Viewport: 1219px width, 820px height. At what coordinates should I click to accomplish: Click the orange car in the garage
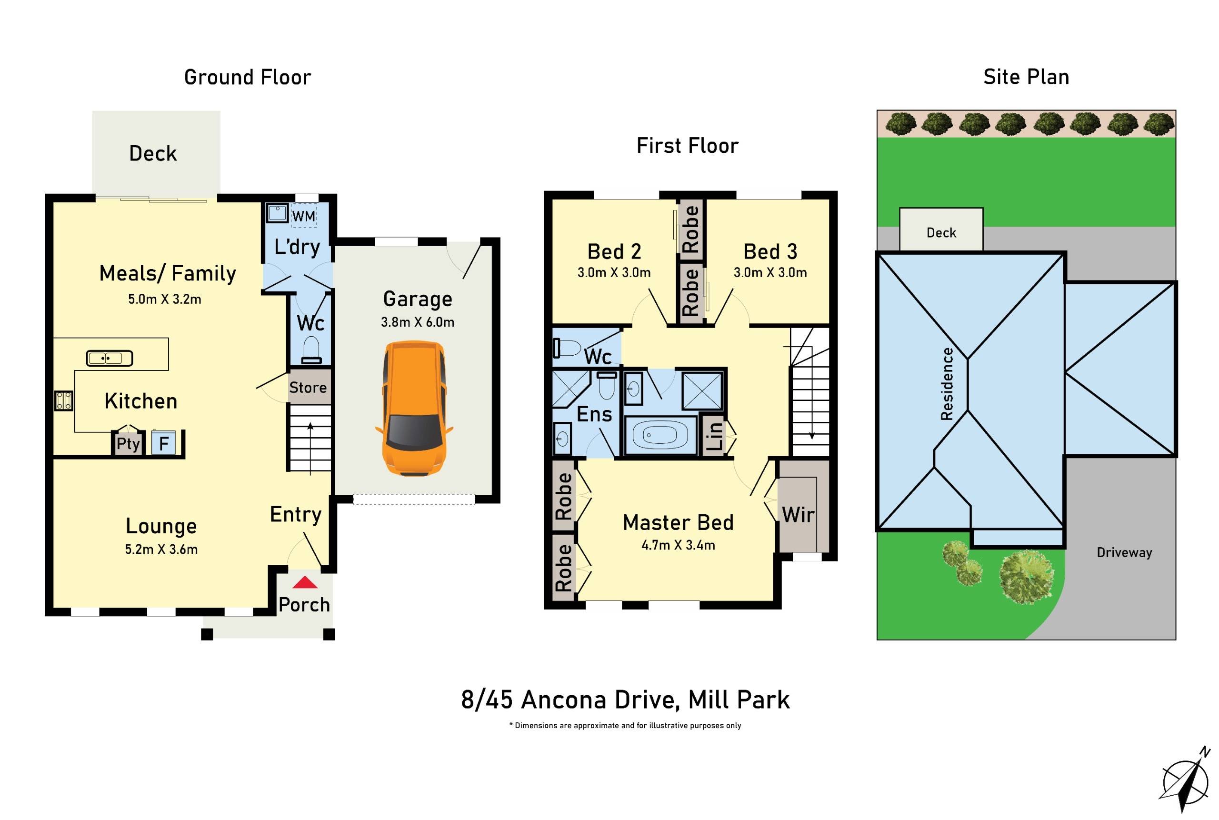pyautogui.click(x=414, y=409)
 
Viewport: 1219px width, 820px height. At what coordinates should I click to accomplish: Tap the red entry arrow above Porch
pyautogui.click(x=304, y=582)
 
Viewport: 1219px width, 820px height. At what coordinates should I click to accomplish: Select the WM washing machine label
pyautogui.click(x=303, y=216)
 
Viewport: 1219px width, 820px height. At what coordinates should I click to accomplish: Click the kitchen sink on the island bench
pyautogui.click(x=110, y=358)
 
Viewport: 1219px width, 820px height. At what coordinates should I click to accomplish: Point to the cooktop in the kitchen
pyautogui.click(x=63, y=401)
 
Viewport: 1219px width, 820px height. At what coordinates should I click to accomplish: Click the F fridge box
pyautogui.click(x=164, y=443)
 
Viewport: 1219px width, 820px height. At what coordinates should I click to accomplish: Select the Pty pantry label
pyautogui.click(x=128, y=443)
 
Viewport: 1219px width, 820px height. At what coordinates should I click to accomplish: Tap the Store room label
pyautogui.click(x=308, y=388)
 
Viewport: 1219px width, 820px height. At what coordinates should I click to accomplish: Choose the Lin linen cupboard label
pyautogui.click(x=714, y=436)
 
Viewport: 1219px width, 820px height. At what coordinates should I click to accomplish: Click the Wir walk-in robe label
pyautogui.click(x=798, y=515)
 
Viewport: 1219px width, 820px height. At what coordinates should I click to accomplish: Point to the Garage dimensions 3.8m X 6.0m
pyautogui.click(x=417, y=322)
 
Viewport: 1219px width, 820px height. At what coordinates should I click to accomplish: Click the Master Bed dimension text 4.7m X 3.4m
pyautogui.click(x=678, y=545)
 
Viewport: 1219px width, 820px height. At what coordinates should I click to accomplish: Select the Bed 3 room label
pyautogui.click(x=770, y=251)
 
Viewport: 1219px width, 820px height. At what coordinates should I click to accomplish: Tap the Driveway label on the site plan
pyautogui.click(x=1124, y=553)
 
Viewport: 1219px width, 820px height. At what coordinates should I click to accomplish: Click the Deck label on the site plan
pyautogui.click(x=941, y=233)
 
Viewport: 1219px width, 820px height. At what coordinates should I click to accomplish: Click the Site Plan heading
pyautogui.click(x=1026, y=77)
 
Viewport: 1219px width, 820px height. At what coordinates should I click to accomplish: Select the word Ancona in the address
pyautogui.click(x=563, y=700)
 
